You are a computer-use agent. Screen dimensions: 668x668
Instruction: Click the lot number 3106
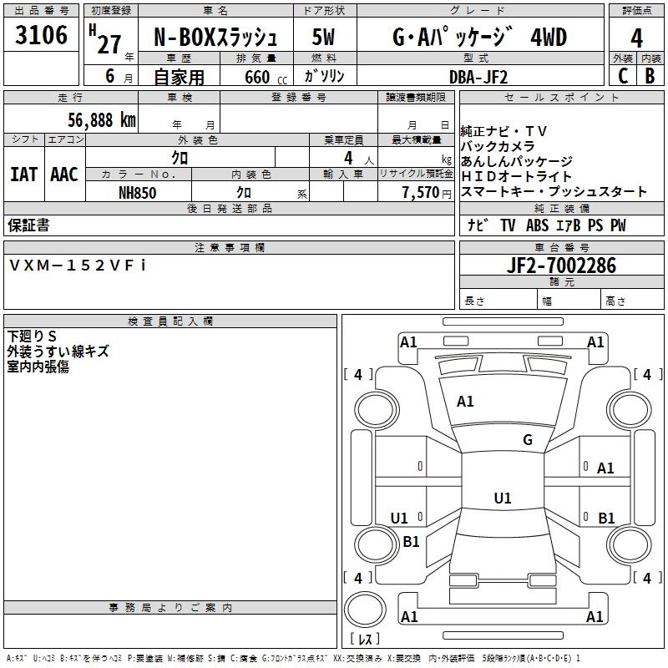click(x=41, y=35)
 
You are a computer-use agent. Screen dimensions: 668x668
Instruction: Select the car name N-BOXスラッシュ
click(x=215, y=38)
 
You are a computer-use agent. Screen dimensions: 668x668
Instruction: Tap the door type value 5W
click(x=323, y=37)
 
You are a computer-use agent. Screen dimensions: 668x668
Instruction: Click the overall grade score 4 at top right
click(x=636, y=38)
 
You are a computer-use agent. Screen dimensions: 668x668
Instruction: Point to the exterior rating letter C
click(x=623, y=76)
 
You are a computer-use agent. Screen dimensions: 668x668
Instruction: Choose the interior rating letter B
click(x=650, y=76)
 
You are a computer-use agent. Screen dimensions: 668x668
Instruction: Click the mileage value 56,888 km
click(x=102, y=120)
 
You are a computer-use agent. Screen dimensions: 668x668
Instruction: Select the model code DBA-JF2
click(x=478, y=77)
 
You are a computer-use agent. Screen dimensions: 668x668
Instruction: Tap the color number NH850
click(x=137, y=193)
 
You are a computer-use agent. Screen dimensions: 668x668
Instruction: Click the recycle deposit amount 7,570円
click(x=427, y=193)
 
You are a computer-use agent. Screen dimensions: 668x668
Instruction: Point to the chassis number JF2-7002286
click(x=561, y=266)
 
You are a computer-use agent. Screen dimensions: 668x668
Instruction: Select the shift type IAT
click(x=23, y=175)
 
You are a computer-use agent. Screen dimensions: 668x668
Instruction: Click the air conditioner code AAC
click(x=64, y=175)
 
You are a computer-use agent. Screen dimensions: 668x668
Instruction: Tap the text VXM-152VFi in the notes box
click(x=78, y=266)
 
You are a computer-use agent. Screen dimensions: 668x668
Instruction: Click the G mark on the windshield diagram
click(x=528, y=439)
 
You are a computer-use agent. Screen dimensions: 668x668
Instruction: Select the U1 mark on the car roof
click(x=503, y=498)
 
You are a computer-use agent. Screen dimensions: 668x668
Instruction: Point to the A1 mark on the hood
click(x=465, y=401)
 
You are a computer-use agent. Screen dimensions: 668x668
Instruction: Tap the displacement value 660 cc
click(x=266, y=78)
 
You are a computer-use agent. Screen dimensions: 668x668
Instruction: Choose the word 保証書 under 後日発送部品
click(x=28, y=225)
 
